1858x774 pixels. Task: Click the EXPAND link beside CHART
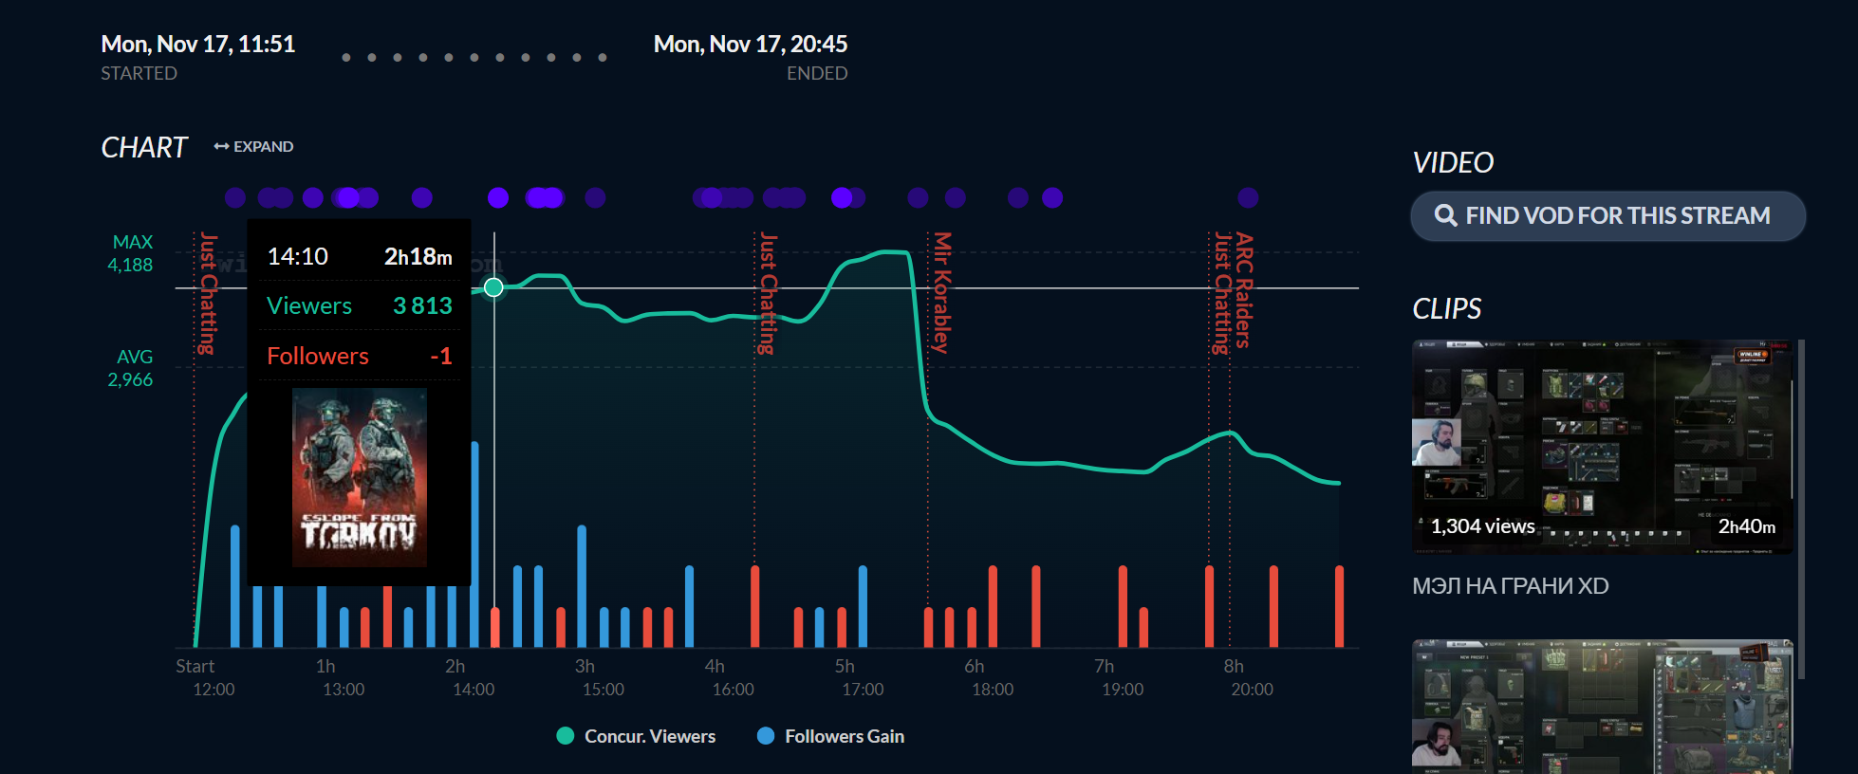click(254, 147)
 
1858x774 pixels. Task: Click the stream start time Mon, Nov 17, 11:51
click(197, 45)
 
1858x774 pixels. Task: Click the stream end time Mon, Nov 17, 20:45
click(750, 45)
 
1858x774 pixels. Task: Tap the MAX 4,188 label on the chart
click(131, 254)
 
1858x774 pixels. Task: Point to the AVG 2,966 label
click(131, 369)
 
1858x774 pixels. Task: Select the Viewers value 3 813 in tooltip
click(422, 306)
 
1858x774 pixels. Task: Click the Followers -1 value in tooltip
click(440, 357)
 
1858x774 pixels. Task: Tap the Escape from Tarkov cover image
click(360, 477)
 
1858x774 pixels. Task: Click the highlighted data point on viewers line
click(493, 287)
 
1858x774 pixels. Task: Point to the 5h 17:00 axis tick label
click(862, 678)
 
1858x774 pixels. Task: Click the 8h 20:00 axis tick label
click(1251, 678)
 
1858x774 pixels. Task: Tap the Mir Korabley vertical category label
click(941, 292)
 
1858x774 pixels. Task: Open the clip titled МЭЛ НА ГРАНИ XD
click(1510, 586)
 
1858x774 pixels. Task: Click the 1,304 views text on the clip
click(1482, 526)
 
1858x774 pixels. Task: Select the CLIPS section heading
click(1446, 309)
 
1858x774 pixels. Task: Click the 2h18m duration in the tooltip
click(418, 257)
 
